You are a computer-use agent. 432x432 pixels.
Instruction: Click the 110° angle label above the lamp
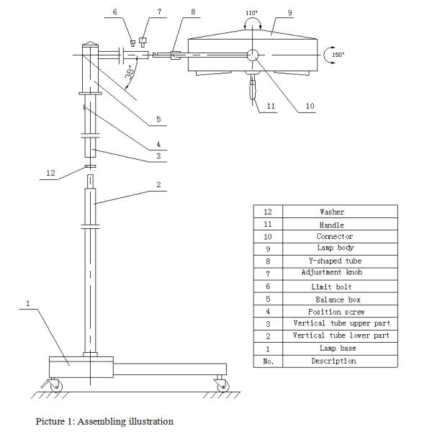click(251, 12)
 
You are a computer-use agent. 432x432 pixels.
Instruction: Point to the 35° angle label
click(128, 73)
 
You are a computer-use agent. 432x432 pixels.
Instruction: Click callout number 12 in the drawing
click(51, 172)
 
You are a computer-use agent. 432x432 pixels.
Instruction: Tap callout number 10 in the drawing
click(310, 106)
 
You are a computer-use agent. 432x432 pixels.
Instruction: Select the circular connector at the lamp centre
click(253, 55)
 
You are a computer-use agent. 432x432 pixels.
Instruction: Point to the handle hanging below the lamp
click(253, 91)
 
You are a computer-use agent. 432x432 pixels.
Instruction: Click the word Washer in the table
click(332, 212)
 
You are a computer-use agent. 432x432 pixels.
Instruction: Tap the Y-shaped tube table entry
click(332, 261)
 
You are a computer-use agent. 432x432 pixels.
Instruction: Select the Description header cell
click(333, 361)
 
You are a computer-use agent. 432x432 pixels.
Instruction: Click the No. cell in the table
click(268, 361)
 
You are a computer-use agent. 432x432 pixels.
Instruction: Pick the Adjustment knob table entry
click(332, 273)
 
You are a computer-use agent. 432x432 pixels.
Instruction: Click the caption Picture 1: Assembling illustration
click(104, 421)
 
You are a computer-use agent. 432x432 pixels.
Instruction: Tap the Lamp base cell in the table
click(332, 348)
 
